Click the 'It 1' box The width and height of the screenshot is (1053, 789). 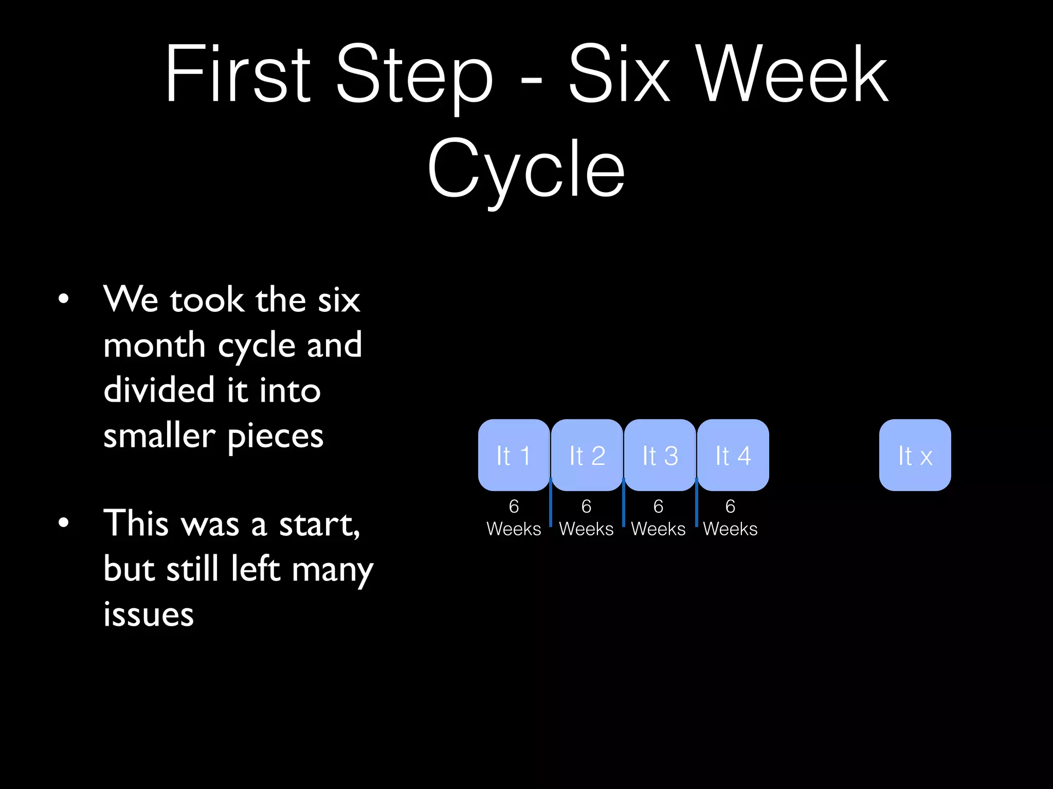pyautogui.click(x=514, y=455)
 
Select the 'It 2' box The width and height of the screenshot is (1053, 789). pyautogui.click(x=587, y=455)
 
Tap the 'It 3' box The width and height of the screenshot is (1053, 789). pyautogui.click(x=660, y=455)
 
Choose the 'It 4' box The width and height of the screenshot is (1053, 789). pyautogui.click(x=733, y=455)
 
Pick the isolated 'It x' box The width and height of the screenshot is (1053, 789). pyautogui.click(x=915, y=455)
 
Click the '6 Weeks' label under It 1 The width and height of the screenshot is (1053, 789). pyautogui.click(x=514, y=518)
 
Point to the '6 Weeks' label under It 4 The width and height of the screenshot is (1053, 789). pyautogui.click(x=730, y=518)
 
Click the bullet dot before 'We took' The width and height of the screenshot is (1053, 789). pyautogui.click(x=63, y=299)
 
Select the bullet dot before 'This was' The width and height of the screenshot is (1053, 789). pyautogui.click(x=63, y=523)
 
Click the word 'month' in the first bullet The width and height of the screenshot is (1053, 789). pyautogui.click(x=154, y=345)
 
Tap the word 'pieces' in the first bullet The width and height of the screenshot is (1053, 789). pyautogui.click(x=275, y=437)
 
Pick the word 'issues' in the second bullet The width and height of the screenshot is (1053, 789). pyautogui.click(x=149, y=614)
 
